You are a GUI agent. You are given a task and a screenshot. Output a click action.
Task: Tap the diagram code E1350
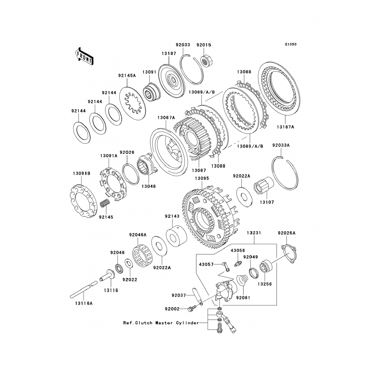291,44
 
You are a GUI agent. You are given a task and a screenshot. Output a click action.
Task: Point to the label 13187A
285,127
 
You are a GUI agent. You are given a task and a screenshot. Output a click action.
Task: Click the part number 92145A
127,75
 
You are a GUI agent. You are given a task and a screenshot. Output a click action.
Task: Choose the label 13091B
82,174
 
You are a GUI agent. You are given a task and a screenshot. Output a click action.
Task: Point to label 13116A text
83,303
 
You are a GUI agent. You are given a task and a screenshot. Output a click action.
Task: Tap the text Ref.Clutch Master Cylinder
161,323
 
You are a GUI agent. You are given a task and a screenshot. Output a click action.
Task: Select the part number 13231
254,233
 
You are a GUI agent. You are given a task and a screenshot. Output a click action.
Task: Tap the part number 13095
202,178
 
